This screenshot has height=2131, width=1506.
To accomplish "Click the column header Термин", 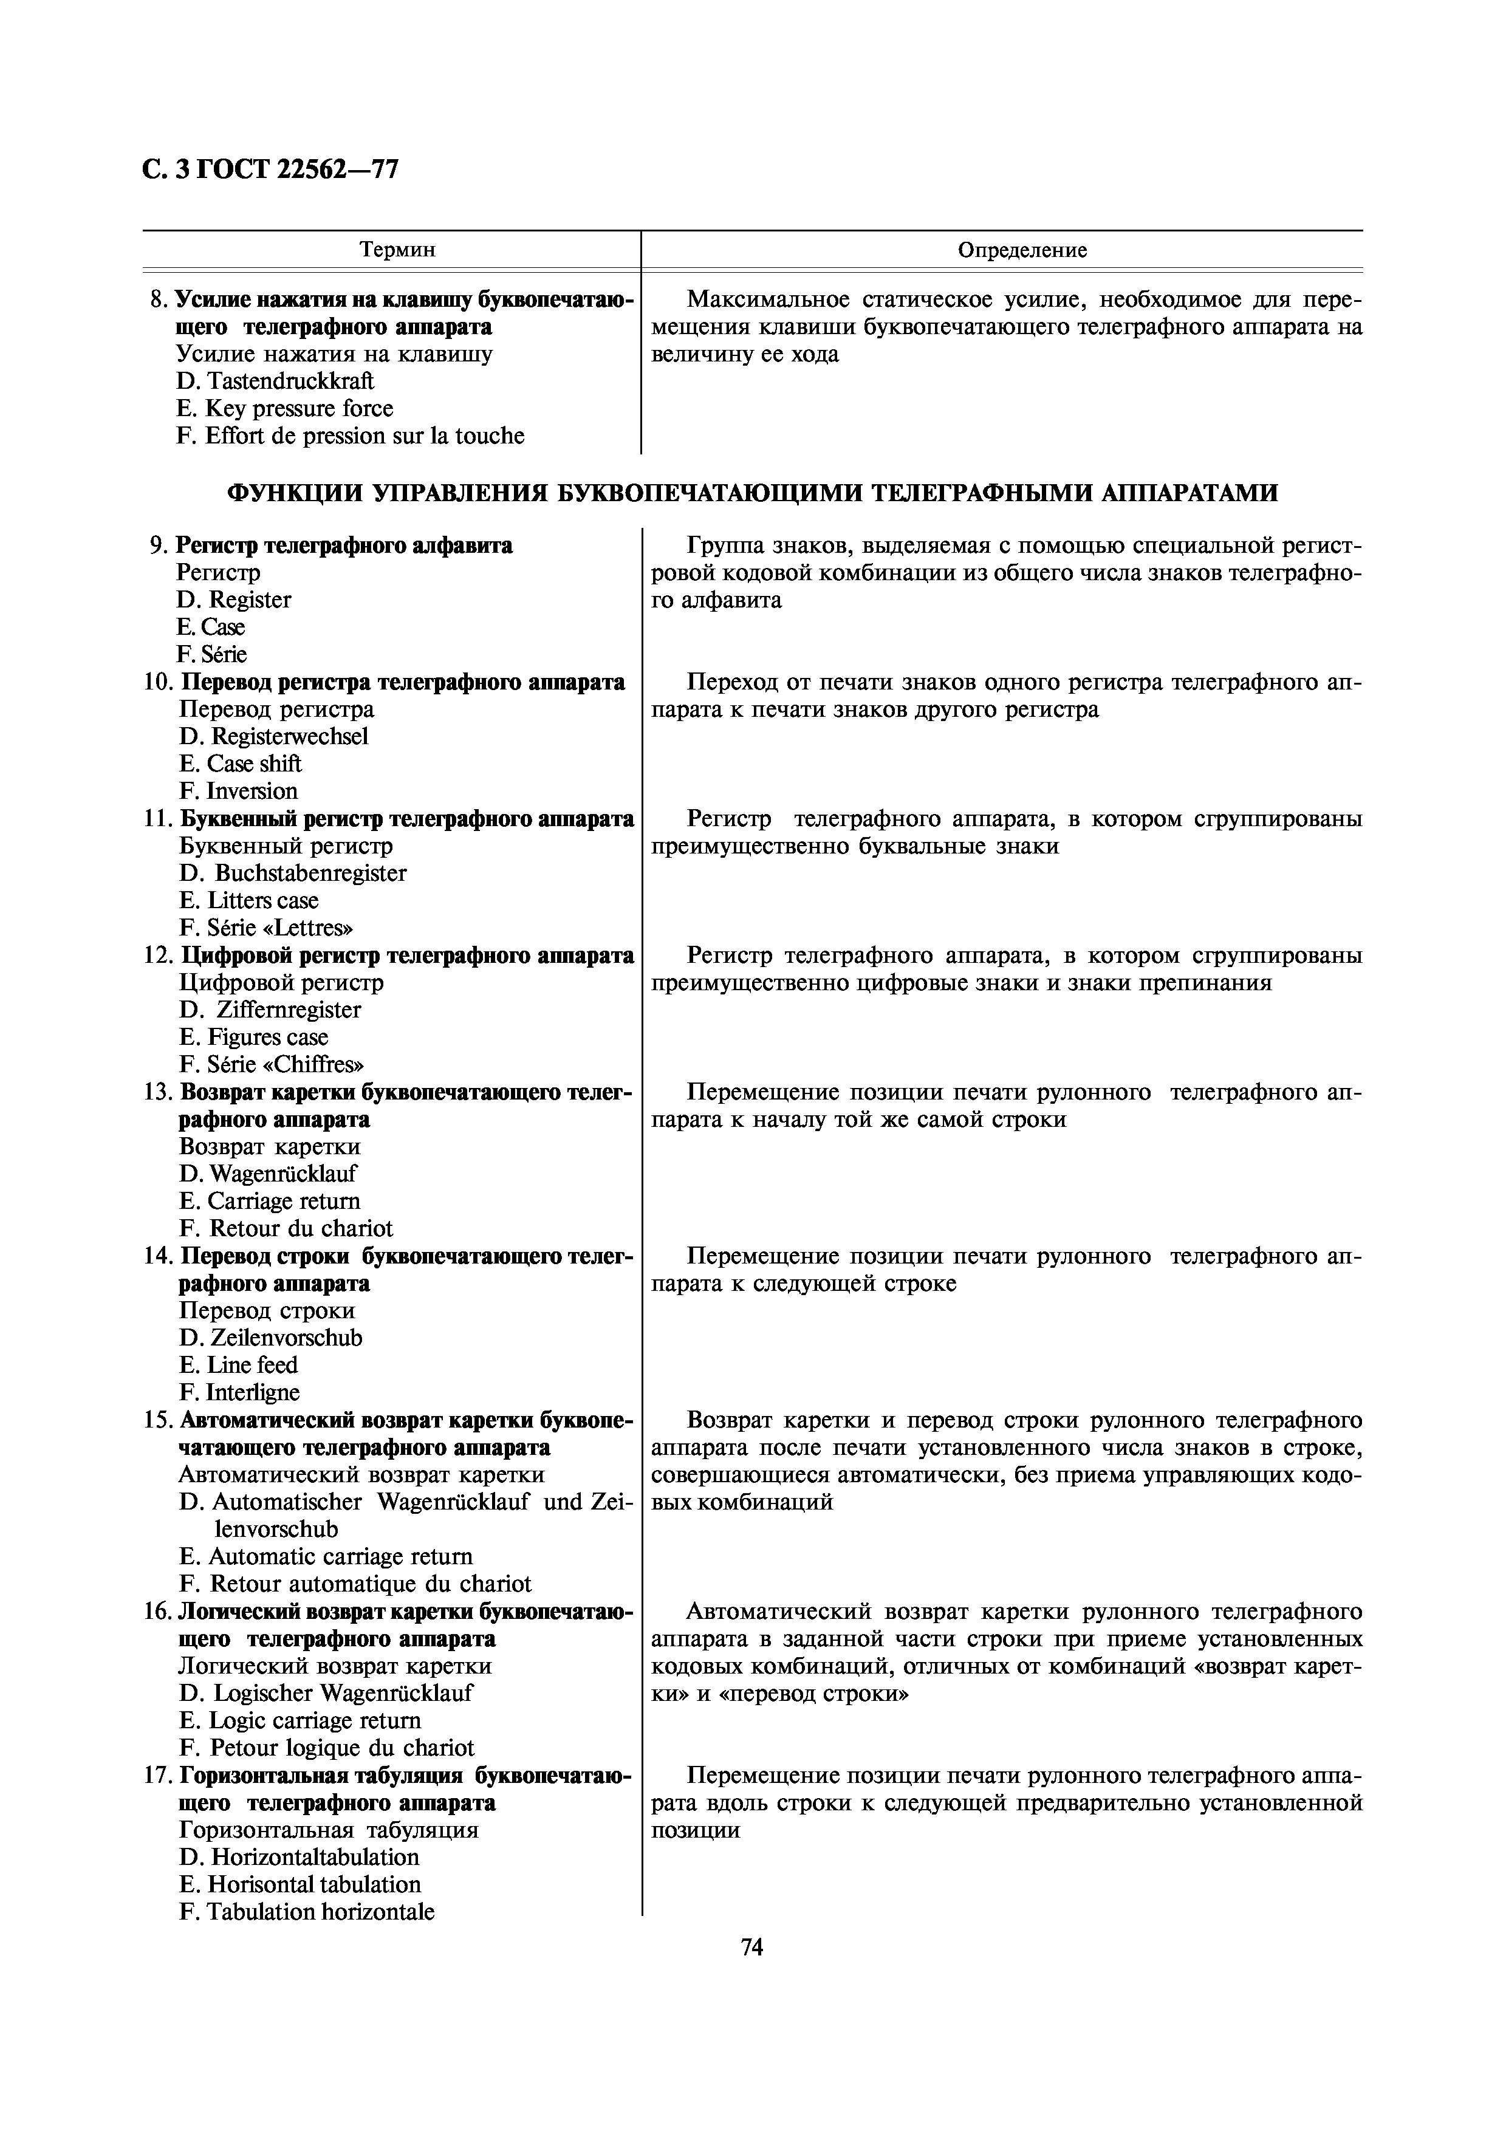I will coord(397,250).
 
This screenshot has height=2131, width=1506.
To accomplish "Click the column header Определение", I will coord(1022,250).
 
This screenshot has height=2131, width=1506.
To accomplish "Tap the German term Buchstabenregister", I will coord(310,874).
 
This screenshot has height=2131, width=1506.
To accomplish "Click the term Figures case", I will coord(267,1038).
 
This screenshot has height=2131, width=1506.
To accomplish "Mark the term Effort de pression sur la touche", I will coord(364,436).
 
